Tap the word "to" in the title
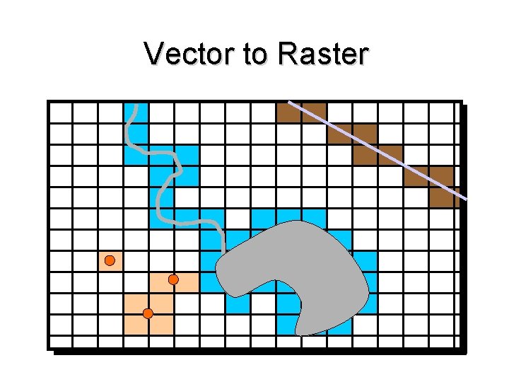pos(258,54)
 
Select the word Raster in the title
pos(323,54)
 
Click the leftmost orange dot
pos(110,261)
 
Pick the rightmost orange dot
pos(173,280)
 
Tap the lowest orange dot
pos(148,313)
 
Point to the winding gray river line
pos(167,185)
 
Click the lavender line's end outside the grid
pos(467,199)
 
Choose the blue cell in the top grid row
pos(136,112)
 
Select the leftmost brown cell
pos(288,112)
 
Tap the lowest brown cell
pos(441,197)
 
